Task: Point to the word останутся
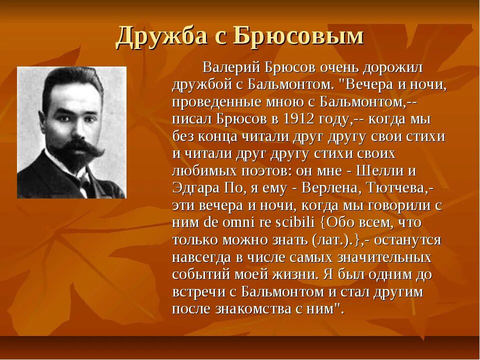tap(407, 240)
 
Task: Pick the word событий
tap(199, 274)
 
